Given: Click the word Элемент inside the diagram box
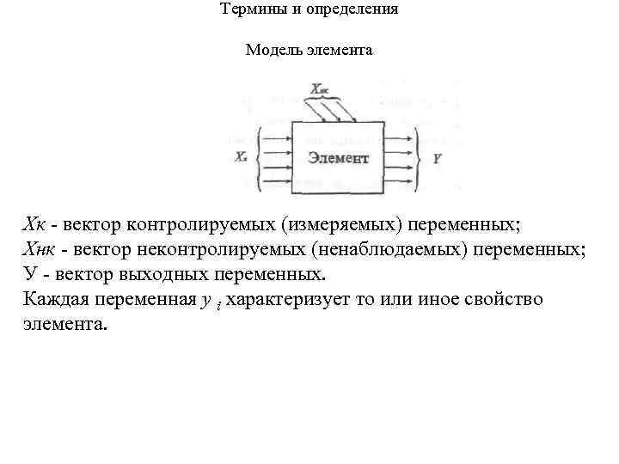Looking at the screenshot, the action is [338, 158].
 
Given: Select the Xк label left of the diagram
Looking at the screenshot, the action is [242, 158].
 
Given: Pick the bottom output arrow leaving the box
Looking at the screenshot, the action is [399, 182].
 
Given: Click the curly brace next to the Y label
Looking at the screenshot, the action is [419, 158].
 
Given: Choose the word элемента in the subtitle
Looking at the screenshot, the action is [338, 50].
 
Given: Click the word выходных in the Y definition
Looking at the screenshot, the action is [155, 275].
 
